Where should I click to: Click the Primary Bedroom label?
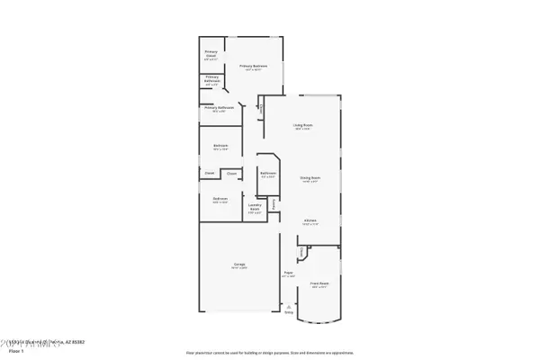point(255,67)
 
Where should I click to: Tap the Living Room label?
point(302,125)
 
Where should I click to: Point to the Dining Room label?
point(310,178)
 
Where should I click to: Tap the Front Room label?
point(319,285)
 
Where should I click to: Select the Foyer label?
point(288,274)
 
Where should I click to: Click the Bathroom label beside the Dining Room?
point(267,174)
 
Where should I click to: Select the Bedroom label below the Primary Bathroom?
point(220,146)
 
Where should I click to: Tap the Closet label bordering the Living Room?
point(261,109)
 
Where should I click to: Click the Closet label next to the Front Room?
point(302,251)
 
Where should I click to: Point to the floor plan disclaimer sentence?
point(269,353)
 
